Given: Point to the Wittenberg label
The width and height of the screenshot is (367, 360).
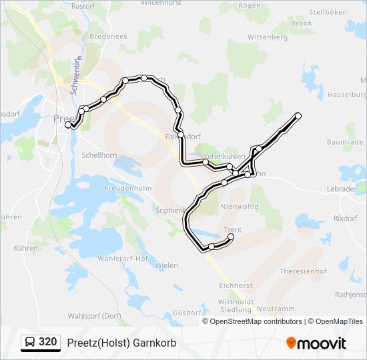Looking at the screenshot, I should tap(267, 37).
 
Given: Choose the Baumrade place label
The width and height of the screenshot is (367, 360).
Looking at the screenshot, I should tap(345, 143).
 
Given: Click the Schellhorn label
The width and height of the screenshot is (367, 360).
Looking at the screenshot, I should tap(99, 155).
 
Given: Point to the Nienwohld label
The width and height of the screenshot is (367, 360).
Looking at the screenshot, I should tap(239, 207).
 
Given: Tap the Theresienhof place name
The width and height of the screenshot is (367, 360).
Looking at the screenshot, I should tap(302, 271).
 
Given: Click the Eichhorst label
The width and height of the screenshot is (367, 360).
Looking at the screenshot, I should tap(236, 285).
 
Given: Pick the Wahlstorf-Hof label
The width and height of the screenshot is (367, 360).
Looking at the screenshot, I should tap(123, 258).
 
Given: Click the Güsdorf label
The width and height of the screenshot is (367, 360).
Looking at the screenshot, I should tap(187, 312).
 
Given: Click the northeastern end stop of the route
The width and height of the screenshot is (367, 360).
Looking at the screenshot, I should tap(298, 116).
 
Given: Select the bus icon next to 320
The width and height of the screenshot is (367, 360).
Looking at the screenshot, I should tap(30, 343).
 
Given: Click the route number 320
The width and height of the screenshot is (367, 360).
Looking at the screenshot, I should tap(47, 342).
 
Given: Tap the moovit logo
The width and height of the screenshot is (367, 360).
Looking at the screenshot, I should tap(316, 343).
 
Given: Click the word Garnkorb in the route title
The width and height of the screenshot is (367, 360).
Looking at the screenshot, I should tap(136, 343).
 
